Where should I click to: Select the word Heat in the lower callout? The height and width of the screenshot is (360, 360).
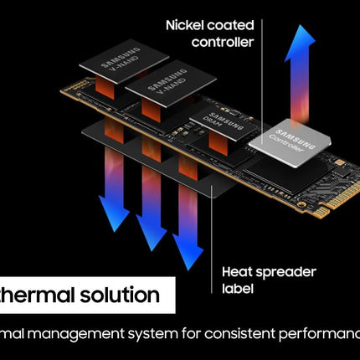pyautogui.click(x=238, y=271)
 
